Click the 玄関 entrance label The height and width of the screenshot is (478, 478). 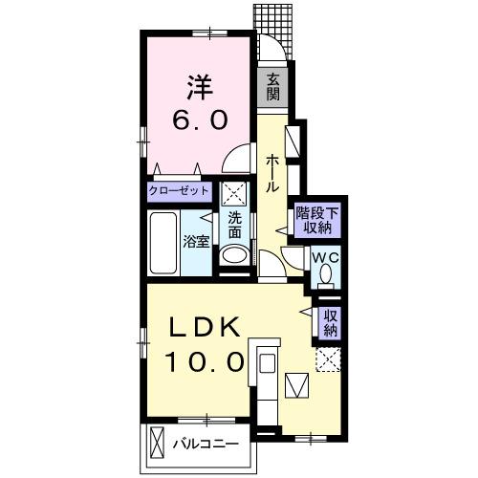point(273,87)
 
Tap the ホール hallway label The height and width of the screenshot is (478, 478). point(272,173)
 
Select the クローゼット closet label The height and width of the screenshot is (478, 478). point(179,191)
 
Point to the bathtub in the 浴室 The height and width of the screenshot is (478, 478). point(163,243)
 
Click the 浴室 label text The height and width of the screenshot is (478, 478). point(196,242)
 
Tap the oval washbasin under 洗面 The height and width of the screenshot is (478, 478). point(235,255)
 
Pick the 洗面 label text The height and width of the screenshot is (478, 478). point(235,226)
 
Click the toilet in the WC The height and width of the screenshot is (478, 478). point(326,276)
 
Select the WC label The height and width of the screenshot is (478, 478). point(326,257)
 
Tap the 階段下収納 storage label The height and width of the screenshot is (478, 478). point(317,221)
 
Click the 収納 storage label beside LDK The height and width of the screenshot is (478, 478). point(331,323)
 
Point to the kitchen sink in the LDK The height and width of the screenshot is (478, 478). point(267,363)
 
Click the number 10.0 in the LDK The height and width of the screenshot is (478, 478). point(205,361)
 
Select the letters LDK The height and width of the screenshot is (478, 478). point(204,327)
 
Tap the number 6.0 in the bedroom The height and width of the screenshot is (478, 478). point(200,119)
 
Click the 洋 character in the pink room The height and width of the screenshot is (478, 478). point(200,87)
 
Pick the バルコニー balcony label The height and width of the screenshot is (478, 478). point(206,444)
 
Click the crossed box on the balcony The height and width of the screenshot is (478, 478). point(157,443)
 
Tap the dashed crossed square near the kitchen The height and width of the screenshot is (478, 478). point(328,359)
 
